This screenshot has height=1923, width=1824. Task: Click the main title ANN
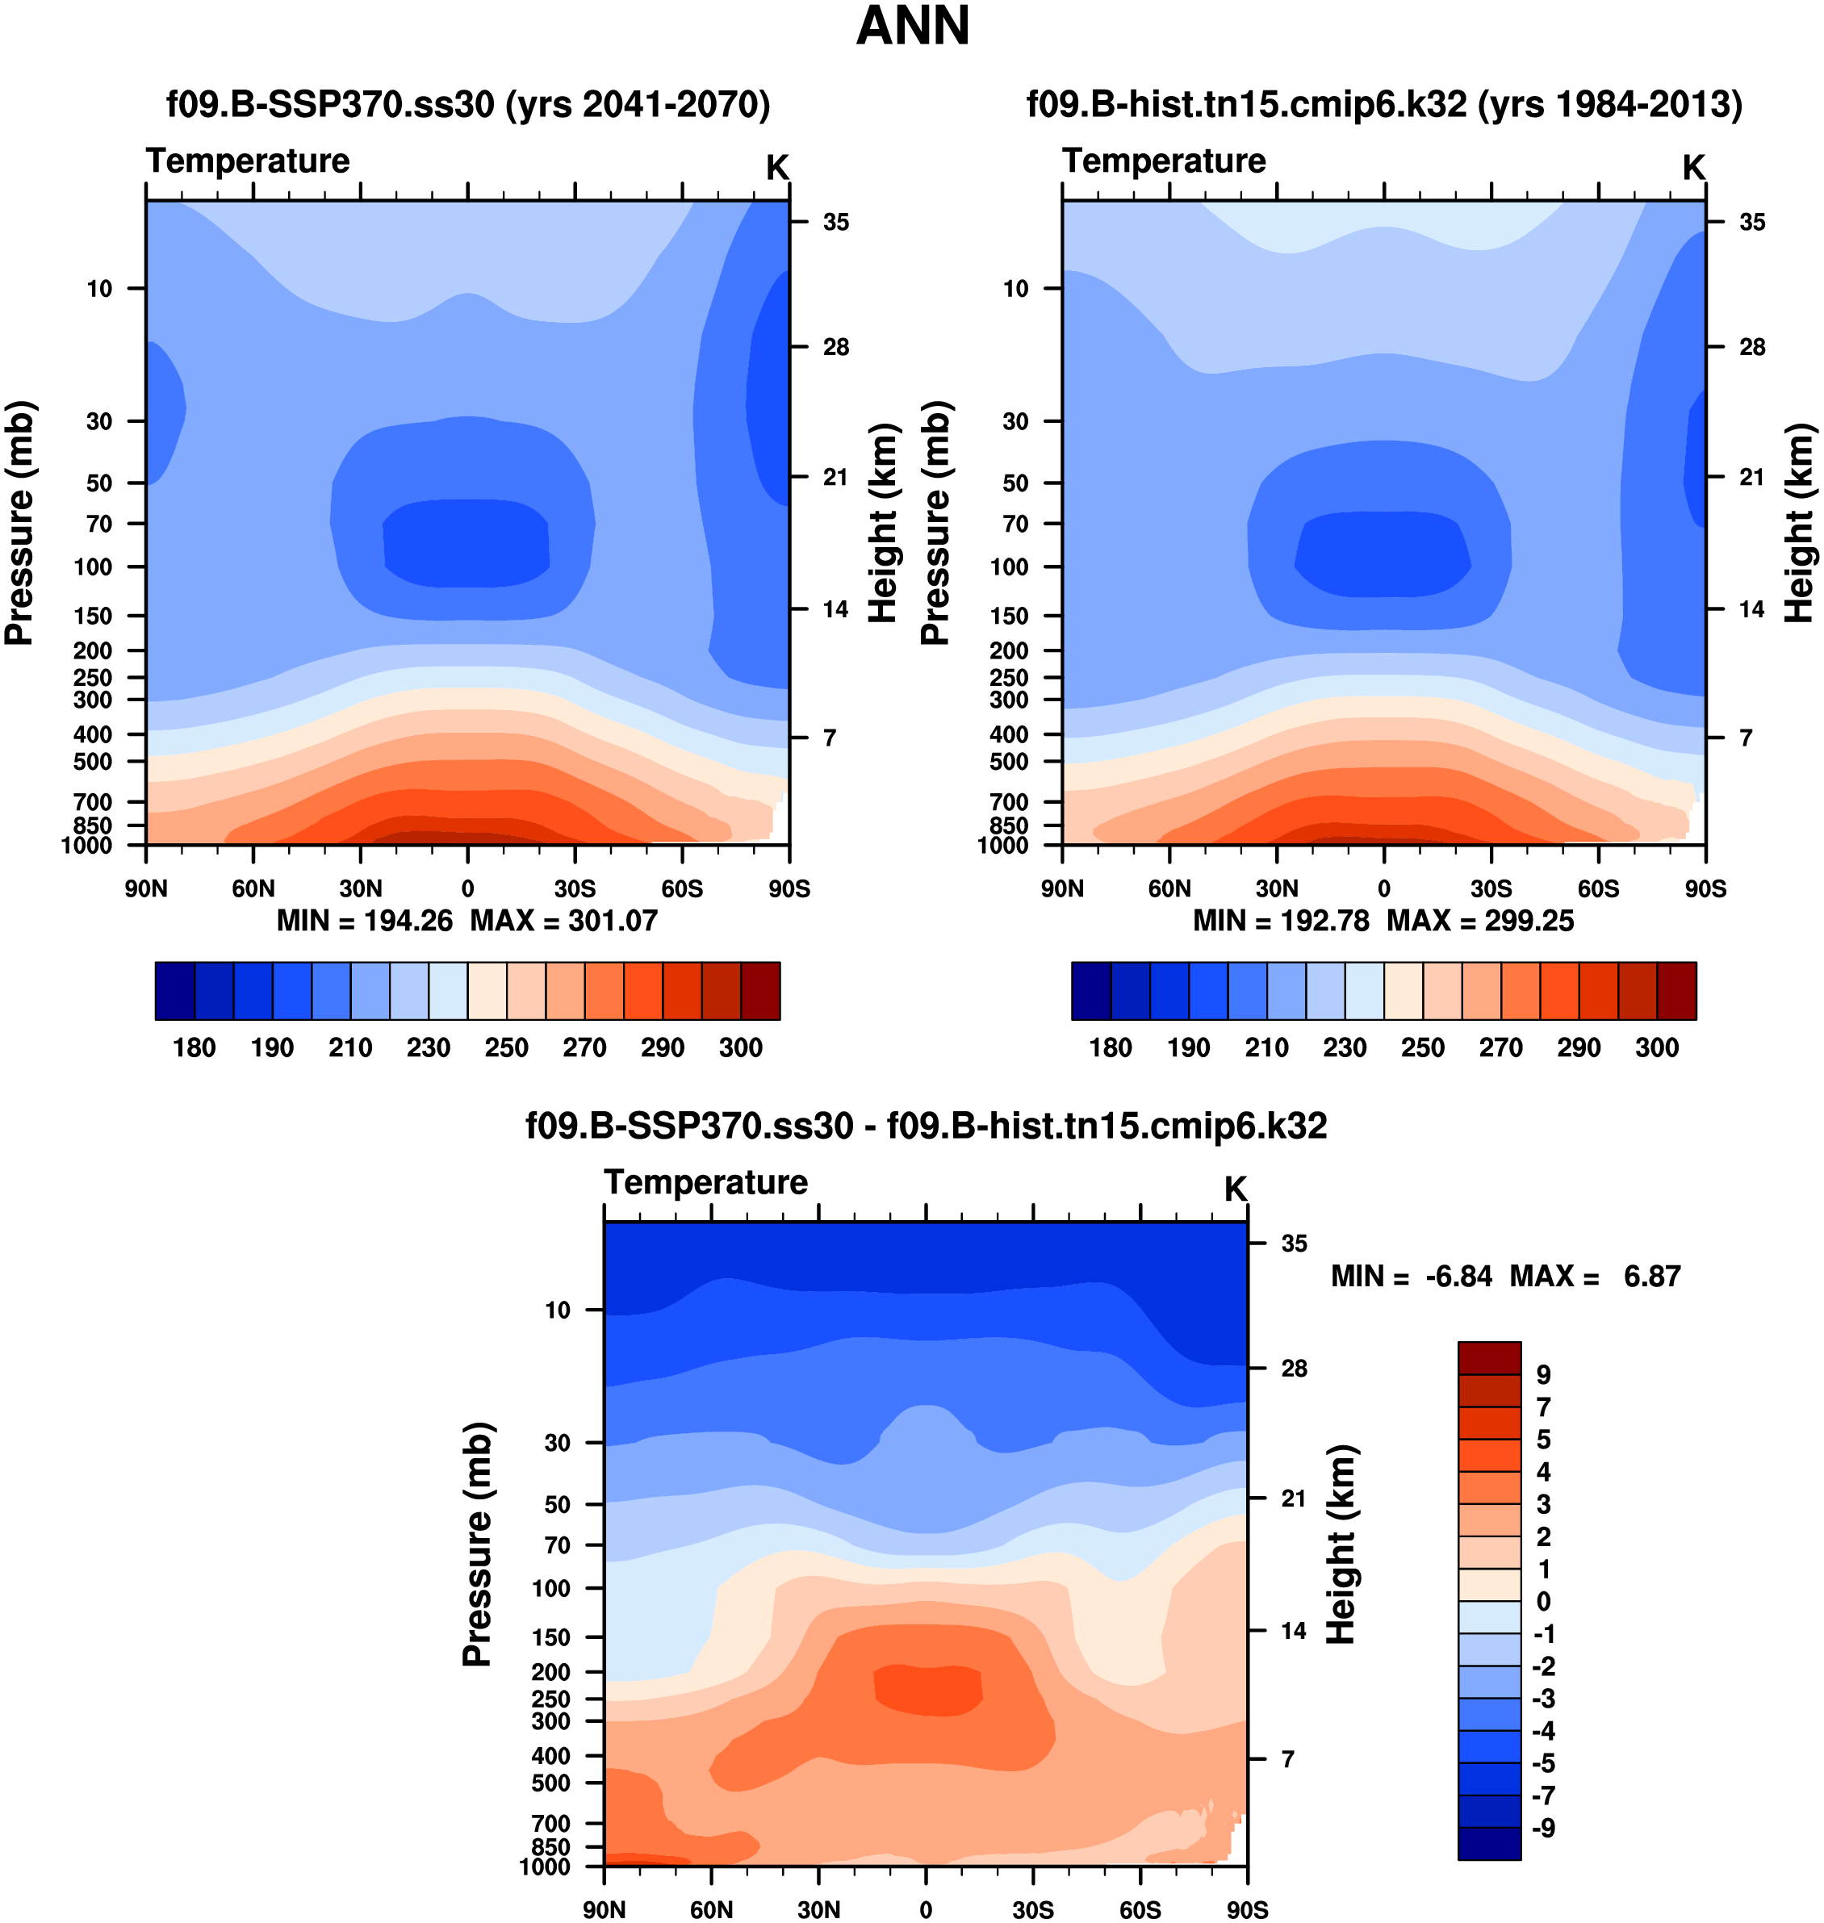(x=912, y=27)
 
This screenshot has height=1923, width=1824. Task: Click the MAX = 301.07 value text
(x=564, y=921)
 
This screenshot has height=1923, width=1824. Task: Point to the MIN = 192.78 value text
(x=1281, y=921)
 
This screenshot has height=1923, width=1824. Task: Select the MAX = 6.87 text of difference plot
(x=1595, y=1276)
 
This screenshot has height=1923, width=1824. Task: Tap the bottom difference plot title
(x=926, y=1126)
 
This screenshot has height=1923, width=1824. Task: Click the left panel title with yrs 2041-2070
(x=467, y=103)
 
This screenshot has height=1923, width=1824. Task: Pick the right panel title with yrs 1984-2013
(x=1383, y=103)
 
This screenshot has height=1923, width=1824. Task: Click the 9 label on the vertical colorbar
(x=1543, y=1375)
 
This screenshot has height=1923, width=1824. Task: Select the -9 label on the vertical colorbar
(x=1543, y=1828)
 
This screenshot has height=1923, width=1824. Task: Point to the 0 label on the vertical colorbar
(x=1543, y=1601)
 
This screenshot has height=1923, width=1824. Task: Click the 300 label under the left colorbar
(x=741, y=1047)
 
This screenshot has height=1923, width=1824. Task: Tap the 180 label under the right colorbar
(x=1111, y=1047)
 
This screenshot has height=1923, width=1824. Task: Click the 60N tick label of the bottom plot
(x=712, y=1909)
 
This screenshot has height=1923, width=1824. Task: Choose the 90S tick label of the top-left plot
(x=789, y=888)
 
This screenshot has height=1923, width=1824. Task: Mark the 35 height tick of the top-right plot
(x=1752, y=222)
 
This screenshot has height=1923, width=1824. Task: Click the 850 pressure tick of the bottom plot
(x=550, y=1846)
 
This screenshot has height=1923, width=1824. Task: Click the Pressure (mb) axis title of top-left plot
(x=19, y=523)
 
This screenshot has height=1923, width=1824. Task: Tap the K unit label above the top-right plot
(x=1694, y=167)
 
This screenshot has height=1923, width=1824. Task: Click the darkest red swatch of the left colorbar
(x=760, y=991)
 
